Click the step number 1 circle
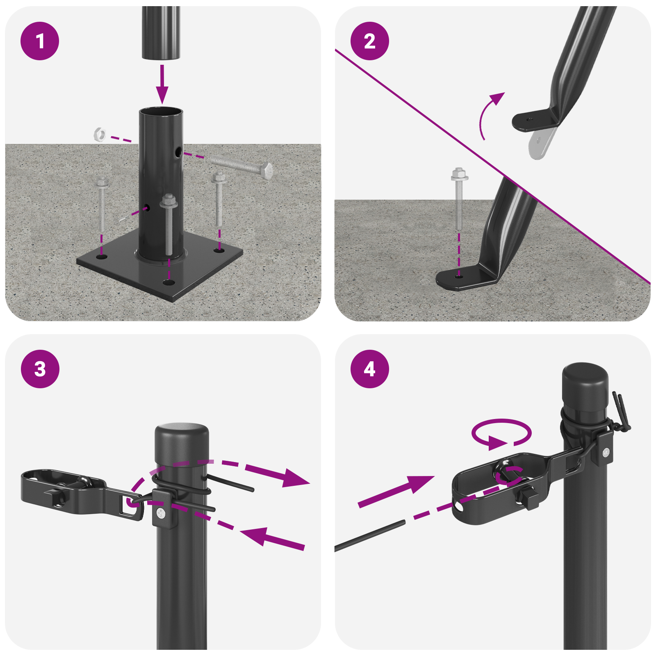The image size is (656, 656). click(40, 41)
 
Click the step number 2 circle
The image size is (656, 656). click(369, 41)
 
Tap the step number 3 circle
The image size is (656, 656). click(40, 369)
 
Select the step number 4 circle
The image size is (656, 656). click(369, 369)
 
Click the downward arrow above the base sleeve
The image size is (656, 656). click(162, 84)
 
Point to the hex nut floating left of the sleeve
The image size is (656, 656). click(100, 134)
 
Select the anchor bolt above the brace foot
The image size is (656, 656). click(459, 201)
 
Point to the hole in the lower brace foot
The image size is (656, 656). click(459, 277)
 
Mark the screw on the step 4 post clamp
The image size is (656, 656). click(606, 453)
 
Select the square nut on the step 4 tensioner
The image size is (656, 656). click(529, 499)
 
